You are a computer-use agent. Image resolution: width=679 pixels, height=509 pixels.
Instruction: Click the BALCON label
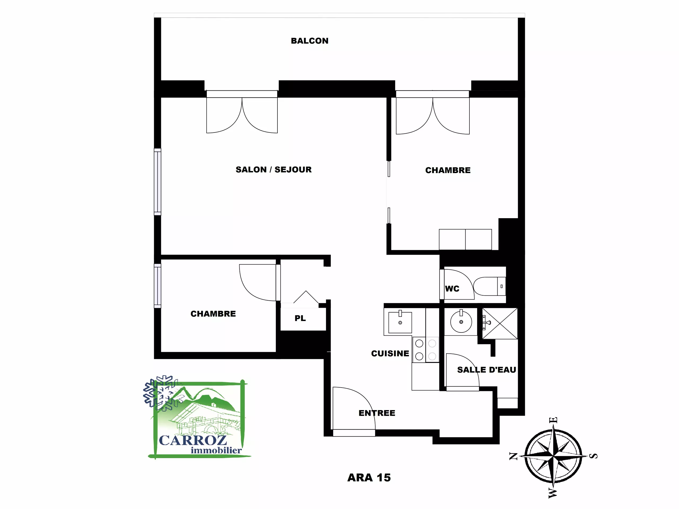click(310, 41)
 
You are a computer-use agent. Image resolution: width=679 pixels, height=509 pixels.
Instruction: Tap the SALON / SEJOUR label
click(273, 170)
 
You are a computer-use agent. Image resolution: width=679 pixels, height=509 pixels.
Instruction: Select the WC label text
click(452, 289)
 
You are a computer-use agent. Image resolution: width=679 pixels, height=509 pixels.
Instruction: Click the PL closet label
click(300, 318)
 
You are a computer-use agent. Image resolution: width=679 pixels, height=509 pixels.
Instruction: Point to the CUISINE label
click(390, 353)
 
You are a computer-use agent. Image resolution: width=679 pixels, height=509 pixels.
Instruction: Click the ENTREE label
click(377, 413)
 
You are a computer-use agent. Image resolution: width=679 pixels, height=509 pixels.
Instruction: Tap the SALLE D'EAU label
click(486, 370)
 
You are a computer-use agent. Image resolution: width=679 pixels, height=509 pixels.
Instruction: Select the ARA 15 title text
click(369, 478)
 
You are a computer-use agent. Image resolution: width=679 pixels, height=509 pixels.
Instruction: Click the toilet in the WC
click(489, 286)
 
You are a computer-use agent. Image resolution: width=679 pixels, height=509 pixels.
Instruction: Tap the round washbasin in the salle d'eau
click(461, 322)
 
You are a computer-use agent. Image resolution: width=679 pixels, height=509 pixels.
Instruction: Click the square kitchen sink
click(400, 322)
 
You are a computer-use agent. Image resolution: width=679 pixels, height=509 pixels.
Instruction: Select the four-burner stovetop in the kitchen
click(426, 350)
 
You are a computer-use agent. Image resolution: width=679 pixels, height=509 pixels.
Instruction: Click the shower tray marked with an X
click(500, 324)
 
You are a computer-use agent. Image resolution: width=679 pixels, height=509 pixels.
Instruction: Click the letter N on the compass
click(513, 456)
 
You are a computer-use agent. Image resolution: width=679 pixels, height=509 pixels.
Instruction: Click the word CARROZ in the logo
click(193, 440)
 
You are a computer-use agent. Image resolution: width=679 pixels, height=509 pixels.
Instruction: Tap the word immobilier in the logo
click(216, 450)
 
